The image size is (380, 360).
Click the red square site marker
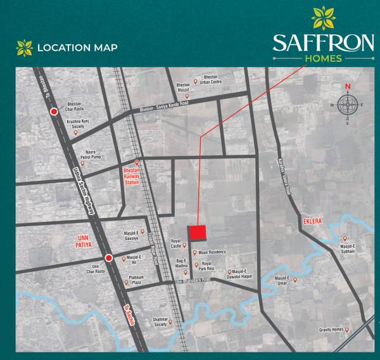click(x=198, y=233)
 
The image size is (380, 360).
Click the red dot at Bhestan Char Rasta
click(x=54, y=112)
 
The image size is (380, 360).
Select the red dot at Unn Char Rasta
click(x=109, y=258)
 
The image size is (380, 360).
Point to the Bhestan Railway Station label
click(x=130, y=176)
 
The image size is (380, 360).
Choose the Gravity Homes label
click(x=332, y=330)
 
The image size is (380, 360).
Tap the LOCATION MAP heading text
click(x=77, y=48)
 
